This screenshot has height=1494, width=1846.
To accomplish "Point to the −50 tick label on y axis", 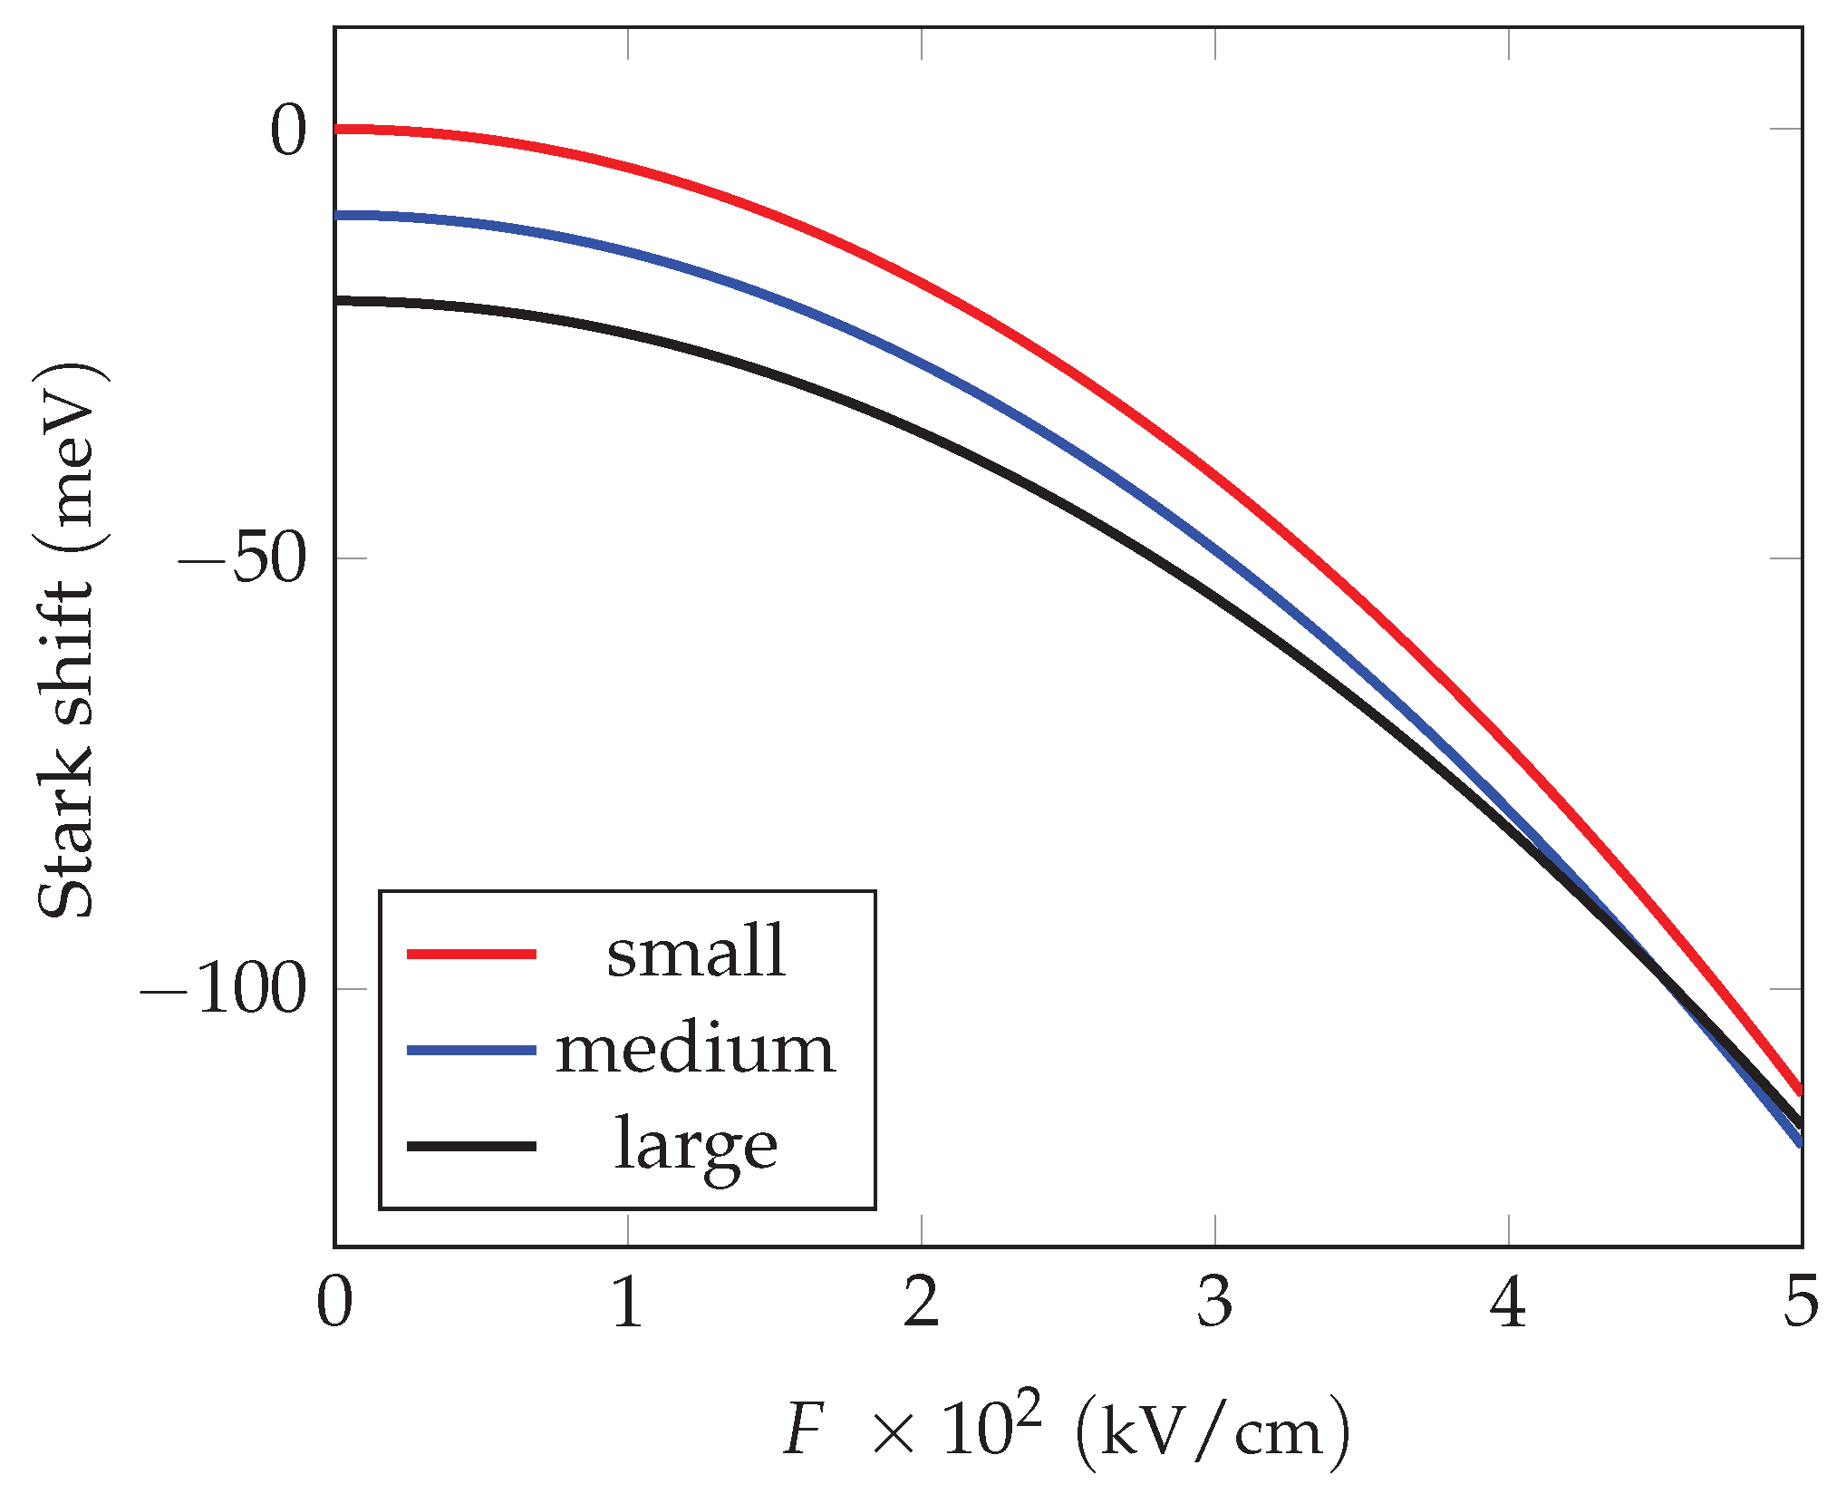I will tap(242, 560).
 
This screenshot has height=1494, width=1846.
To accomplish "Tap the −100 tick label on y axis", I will tap(224, 990).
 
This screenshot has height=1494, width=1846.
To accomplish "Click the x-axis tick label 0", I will tap(334, 1302).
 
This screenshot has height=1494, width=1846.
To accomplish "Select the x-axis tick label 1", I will tap(628, 1302).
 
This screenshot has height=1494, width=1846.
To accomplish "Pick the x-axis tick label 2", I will tap(922, 1302).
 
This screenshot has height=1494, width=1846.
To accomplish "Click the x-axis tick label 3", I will tap(1214, 1302).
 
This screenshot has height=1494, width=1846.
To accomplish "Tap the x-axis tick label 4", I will tap(1508, 1302).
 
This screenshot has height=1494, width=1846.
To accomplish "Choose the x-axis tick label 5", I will tap(1801, 1302).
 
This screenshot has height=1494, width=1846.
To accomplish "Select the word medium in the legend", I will tap(695, 1049).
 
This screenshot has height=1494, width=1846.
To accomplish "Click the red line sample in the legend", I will tap(471, 954).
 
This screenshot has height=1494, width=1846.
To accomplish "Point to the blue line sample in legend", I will tap(471, 1050).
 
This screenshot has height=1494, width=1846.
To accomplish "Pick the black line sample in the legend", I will tap(471, 1147).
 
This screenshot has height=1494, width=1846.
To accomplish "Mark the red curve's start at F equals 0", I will tap(337, 130).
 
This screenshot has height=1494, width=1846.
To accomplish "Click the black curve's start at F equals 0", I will tap(337, 300).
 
